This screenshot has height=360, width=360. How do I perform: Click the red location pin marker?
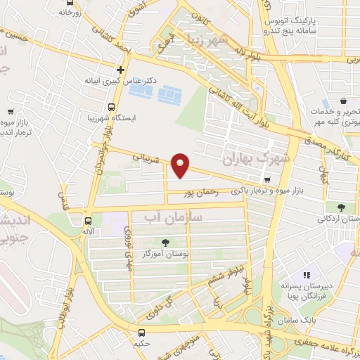[181, 165]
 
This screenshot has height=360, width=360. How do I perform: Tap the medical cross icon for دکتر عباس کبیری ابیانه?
[121, 70]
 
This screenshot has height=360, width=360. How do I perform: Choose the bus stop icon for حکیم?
[142, 332]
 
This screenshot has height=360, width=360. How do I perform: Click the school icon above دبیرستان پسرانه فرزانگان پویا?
[306, 275]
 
